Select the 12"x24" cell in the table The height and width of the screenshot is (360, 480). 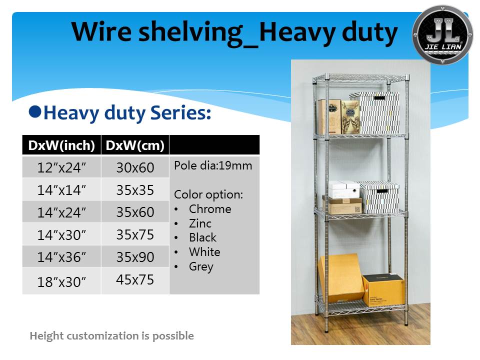[x=61, y=168]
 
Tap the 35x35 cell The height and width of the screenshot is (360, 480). [x=135, y=190]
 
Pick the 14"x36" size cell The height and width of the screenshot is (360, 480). [x=61, y=257]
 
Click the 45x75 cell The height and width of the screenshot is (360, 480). [x=135, y=279]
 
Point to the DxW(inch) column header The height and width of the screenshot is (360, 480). [x=61, y=145]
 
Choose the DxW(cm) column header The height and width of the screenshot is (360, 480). [x=135, y=145]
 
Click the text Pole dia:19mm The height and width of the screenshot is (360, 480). [x=213, y=165]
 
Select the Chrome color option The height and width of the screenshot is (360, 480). [x=210, y=209]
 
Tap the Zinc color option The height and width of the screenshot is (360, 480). [x=200, y=223]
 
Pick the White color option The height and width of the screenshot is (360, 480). [x=204, y=252]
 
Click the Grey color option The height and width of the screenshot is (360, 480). [x=201, y=266]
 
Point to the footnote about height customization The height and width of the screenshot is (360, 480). [x=111, y=336]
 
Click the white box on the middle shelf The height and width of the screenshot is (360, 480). [x=344, y=189]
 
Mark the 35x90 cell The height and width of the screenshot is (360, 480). [x=135, y=257]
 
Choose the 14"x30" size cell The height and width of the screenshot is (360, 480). [x=61, y=235]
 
